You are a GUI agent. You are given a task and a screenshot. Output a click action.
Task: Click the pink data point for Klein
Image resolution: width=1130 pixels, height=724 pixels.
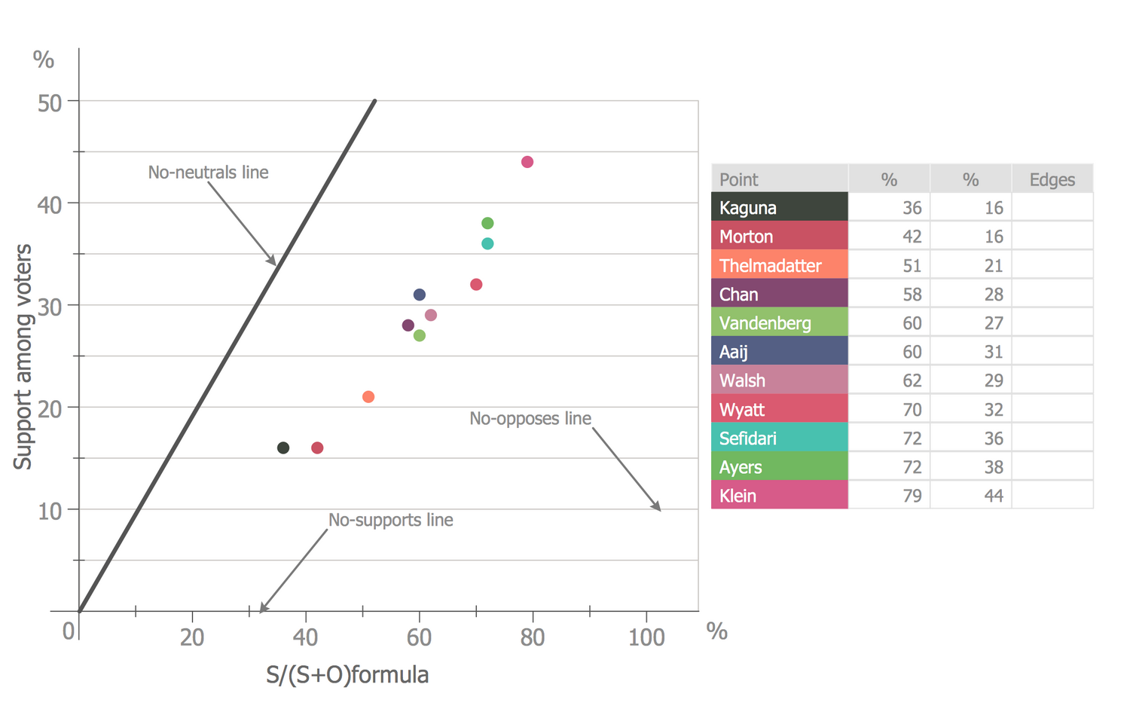click(527, 162)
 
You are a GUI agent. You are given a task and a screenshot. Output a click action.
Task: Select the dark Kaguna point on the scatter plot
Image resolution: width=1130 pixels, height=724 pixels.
click(283, 448)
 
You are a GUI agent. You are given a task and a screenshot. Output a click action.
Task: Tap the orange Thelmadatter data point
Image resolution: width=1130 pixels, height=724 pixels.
click(368, 397)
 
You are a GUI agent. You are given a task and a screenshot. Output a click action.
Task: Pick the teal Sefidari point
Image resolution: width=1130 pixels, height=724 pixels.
click(487, 244)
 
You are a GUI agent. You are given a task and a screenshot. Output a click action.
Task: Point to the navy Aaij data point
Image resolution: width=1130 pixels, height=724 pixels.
click(420, 295)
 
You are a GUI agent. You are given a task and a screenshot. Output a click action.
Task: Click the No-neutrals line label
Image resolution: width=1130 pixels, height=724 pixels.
click(208, 173)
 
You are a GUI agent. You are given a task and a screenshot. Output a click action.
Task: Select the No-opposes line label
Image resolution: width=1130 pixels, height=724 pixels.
click(530, 419)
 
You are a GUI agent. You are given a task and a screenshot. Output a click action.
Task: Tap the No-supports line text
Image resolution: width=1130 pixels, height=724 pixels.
click(390, 521)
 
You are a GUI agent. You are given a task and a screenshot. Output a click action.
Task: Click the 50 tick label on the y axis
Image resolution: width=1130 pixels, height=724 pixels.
click(50, 103)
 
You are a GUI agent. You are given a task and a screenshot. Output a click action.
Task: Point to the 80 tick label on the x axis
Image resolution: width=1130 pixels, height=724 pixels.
click(532, 638)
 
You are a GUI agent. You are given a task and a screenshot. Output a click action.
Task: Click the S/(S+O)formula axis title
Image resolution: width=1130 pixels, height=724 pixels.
click(347, 675)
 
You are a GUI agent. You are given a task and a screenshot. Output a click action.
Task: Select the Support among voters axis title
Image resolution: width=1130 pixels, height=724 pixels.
click(23, 356)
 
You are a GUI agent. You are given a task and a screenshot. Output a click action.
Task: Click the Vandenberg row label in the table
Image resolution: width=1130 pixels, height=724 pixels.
click(765, 323)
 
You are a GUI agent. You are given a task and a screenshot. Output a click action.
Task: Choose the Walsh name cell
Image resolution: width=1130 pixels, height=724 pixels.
click(742, 381)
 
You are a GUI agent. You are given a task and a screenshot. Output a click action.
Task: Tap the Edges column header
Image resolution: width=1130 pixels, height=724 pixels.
click(1052, 180)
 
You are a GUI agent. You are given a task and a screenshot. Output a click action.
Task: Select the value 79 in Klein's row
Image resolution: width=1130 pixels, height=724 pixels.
click(912, 496)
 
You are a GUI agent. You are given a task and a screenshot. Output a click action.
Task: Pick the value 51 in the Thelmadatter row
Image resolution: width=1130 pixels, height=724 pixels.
click(912, 266)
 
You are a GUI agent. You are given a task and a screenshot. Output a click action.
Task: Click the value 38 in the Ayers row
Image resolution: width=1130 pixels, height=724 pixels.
click(993, 468)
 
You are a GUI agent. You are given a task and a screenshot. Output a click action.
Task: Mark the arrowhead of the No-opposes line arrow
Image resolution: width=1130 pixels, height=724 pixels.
click(658, 509)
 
